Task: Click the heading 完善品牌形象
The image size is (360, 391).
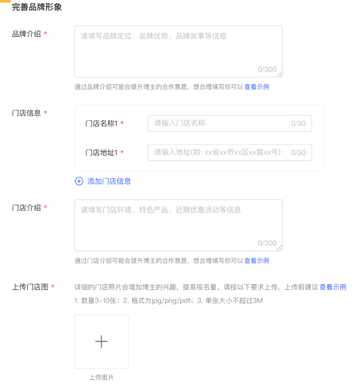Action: tap(37, 7)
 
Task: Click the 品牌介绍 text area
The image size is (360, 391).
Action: tap(178, 51)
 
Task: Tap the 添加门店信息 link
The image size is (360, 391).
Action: tap(109, 181)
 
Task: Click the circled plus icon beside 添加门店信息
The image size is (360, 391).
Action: tap(79, 181)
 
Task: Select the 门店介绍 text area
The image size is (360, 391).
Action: tap(178, 225)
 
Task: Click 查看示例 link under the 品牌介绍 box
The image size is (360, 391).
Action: tap(257, 87)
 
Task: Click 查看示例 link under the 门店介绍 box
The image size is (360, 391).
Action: tap(257, 261)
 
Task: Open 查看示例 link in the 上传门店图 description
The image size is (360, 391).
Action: tap(333, 287)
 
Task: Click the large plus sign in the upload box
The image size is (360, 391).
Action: tap(101, 342)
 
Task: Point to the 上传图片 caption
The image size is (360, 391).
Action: tap(101, 378)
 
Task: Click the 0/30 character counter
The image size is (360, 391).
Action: tap(298, 123)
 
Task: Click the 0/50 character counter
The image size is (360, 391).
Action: tap(298, 153)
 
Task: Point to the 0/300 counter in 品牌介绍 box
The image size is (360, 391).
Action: tap(267, 70)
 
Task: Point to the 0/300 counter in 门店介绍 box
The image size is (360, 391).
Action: tap(267, 244)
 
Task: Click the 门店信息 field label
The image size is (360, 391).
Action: tap(27, 113)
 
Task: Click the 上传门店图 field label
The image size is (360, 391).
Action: tap(30, 287)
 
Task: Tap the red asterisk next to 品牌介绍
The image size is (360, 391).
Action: tap(45, 34)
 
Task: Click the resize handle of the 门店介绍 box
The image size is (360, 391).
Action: tap(280, 248)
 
